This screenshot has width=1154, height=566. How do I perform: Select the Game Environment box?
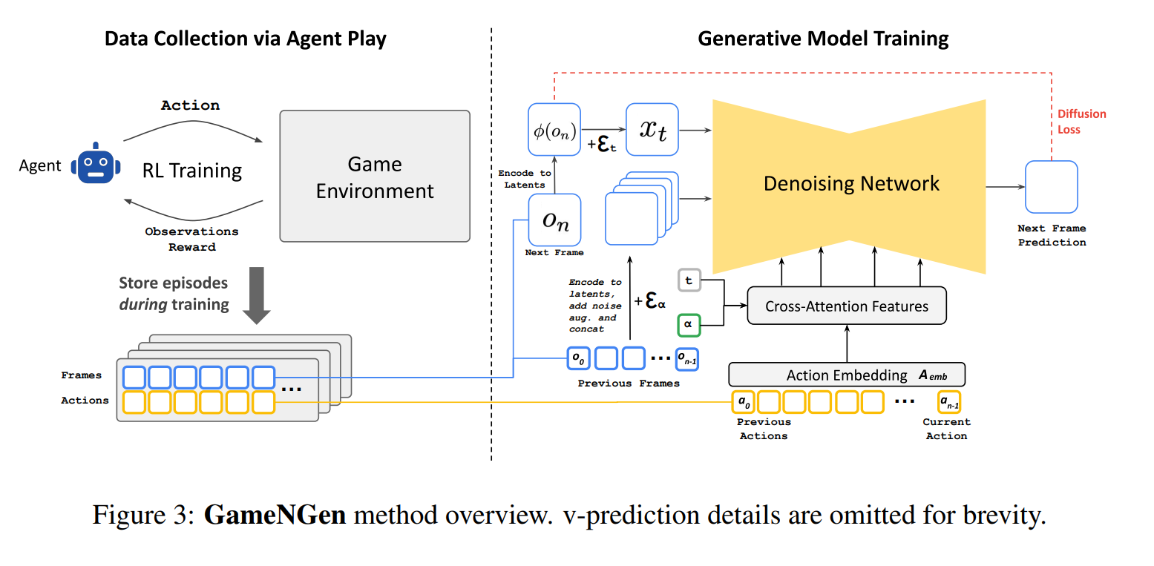(375, 176)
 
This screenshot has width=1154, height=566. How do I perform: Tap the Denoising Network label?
(851, 183)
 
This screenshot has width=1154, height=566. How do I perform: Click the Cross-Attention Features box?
(846, 306)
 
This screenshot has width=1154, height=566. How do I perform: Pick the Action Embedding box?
(846, 375)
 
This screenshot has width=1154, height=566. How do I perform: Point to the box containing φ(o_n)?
(554, 128)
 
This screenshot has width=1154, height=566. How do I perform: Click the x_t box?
(652, 129)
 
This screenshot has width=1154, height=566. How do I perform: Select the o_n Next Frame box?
(554, 220)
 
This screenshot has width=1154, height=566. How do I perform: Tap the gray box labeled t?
(689, 281)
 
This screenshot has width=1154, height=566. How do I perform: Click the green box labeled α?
(689, 325)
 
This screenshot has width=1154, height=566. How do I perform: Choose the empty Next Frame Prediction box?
(1051, 187)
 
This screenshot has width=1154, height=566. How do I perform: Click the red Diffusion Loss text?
(1081, 122)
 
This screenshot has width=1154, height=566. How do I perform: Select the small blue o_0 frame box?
(577, 359)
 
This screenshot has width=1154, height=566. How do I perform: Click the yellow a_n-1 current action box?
(949, 402)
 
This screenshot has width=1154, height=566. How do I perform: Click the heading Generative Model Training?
(823, 38)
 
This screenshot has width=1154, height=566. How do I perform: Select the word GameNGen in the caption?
(275, 514)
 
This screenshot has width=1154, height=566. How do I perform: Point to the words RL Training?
(192, 171)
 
